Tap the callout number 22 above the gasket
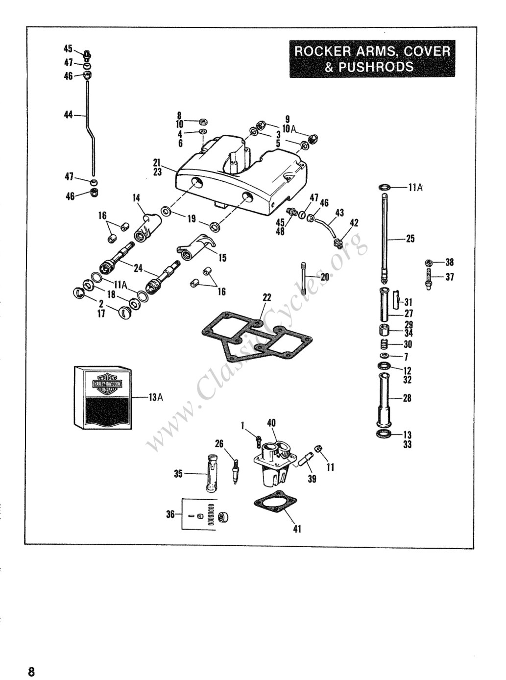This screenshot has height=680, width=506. (267, 298)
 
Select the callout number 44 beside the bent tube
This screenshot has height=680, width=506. (69, 115)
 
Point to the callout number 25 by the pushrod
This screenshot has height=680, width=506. (410, 239)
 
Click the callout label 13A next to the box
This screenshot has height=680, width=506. (155, 398)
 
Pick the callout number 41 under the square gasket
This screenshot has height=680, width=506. (297, 529)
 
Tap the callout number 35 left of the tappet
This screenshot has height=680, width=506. (178, 474)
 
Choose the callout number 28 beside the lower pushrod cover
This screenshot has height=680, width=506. (407, 398)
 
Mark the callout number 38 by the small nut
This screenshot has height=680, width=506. (450, 262)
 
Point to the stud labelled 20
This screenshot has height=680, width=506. (304, 278)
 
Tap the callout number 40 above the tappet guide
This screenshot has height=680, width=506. (271, 423)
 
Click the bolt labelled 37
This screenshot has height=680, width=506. (429, 278)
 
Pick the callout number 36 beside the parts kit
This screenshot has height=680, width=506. (170, 514)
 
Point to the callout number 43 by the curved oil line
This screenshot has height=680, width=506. (339, 213)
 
